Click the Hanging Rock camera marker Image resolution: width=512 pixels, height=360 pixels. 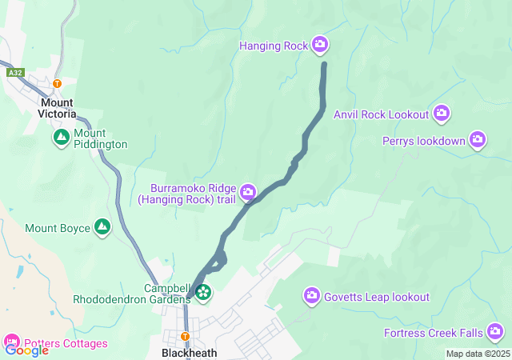pos(320,45)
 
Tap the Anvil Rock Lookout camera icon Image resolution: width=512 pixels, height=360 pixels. pos(442,114)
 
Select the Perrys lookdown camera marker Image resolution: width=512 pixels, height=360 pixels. pos(478,140)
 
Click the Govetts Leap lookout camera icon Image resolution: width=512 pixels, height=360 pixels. pos(312,297)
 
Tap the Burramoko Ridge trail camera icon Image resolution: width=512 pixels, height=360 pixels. pos(248,190)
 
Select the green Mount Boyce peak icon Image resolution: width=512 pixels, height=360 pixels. pos(102,228)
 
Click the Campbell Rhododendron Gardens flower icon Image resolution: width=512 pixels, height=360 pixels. pos(203,293)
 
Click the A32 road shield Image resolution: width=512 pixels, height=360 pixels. pos(15,73)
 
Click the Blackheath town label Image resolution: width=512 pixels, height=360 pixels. pos(189,352)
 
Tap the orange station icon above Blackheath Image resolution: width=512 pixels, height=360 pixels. pos(185,336)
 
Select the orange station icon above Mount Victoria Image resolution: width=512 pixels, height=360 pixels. pos(57,83)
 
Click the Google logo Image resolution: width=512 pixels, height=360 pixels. pos(26,350)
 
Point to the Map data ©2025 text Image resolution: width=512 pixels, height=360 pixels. pos(478,354)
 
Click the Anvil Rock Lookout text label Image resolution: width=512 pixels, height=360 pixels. pos(382,114)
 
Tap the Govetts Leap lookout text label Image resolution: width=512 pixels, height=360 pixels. pos(376,297)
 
